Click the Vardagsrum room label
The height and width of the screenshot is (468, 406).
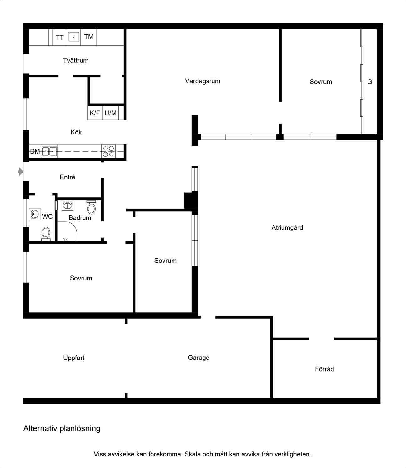(203, 81)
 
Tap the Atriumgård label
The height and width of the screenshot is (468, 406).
(287, 227)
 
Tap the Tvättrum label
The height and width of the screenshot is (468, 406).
(76, 61)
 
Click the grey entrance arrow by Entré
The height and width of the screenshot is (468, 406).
(20, 172)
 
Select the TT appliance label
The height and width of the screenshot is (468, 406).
(60, 37)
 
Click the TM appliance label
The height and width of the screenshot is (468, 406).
(89, 37)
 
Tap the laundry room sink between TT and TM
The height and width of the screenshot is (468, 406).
(73, 37)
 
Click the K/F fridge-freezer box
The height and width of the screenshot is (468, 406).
(95, 113)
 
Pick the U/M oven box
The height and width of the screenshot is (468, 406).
(111, 113)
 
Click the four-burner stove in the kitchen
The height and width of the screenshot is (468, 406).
(108, 151)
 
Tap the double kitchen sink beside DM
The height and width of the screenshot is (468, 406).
(49, 151)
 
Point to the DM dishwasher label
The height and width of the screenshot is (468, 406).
(35, 151)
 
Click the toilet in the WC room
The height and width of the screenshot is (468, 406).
(46, 234)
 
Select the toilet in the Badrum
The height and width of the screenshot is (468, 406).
(91, 207)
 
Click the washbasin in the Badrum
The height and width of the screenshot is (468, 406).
(68, 205)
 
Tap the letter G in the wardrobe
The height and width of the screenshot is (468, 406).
(370, 82)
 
